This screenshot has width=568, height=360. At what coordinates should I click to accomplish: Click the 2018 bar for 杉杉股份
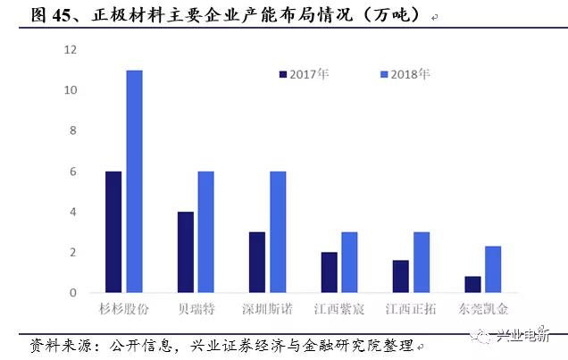(134, 181)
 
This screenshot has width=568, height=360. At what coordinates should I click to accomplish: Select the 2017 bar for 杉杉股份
(113, 232)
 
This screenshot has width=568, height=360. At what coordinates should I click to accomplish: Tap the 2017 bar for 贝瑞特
(185, 252)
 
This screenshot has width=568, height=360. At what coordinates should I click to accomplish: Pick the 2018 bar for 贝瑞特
(205, 232)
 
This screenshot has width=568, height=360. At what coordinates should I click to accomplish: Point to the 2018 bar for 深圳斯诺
(277, 232)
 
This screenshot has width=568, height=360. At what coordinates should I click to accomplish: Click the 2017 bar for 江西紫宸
(330, 272)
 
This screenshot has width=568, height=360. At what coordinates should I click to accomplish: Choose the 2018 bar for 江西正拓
(422, 263)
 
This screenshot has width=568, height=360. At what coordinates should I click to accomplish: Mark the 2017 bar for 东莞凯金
(473, 285)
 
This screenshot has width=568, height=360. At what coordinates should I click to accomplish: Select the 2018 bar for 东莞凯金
(494, 270)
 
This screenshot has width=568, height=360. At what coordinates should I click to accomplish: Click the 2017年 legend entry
(304, 73)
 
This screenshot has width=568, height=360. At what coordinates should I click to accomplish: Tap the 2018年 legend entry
(405, 73)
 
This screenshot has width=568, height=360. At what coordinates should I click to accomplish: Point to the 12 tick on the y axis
(71, 50)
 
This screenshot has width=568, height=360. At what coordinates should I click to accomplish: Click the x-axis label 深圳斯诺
(267, 309)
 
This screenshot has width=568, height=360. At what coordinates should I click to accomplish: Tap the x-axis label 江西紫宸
(339, 309)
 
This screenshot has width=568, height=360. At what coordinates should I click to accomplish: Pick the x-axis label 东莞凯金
(483, 309)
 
